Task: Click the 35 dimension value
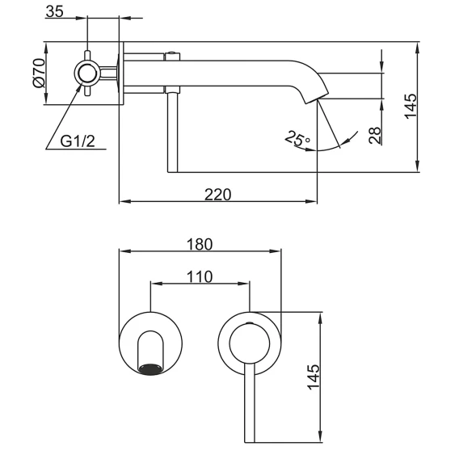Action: pos(54,11)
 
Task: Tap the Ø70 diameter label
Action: pos(40,73)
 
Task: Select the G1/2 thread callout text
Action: pos(78,141)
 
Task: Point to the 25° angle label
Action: pos(297,138)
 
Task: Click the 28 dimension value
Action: pos(375,135)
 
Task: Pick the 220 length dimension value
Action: pos(217,195)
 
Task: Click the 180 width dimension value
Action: pos(200,244)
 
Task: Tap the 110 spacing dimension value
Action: pos(200,276)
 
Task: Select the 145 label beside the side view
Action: pos(411,106)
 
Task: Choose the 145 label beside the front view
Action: pos(314,377)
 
